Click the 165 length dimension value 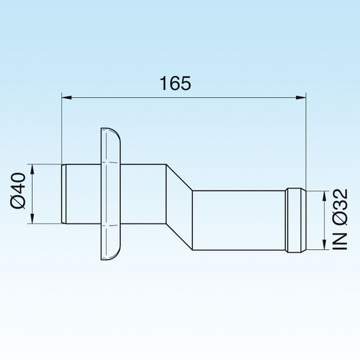pyautogui.click(x=176, y=83)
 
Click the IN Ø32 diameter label pyautogui.click(x=342, y=221)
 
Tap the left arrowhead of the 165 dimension pyautogui.click(x=66, y=98)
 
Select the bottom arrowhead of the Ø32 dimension pyautogui.click(x=321, y=249)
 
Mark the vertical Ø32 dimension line pyautogui.click(x=321, y=221)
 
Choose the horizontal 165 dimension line pyautogui.click(x=183, y=98)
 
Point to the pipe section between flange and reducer pyautogui.click(x=143, y=193)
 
